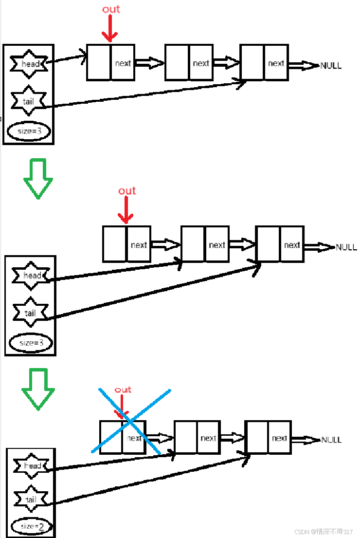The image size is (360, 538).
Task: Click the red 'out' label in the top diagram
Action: (x=111, y=9)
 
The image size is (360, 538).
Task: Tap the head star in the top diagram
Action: (x=29, y=63)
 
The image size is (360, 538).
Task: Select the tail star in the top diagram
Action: (x=28, y=101)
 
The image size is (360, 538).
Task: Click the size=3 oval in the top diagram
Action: (x=29, y=131)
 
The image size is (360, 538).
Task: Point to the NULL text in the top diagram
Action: (x=331, y=66)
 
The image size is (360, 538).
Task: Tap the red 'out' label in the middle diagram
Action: (x=127, y=191)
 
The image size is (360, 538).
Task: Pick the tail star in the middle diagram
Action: (x=31, y=313)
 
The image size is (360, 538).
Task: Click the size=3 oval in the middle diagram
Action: (x=31, y=343)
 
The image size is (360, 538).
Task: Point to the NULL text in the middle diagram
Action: (x=346, y=247)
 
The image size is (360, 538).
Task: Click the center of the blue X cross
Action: (x=130, y=422)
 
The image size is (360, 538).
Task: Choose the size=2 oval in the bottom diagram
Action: (x=31, y=526)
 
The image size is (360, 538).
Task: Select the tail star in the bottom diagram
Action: (x=31, y=500)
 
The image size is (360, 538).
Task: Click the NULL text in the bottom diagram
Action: (x=331, y=440)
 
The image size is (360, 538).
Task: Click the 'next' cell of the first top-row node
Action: (x=123, y=63)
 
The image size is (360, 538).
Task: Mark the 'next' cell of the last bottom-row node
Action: (x=279, y=438)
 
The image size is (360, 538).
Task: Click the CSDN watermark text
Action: (x=324, y=531)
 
